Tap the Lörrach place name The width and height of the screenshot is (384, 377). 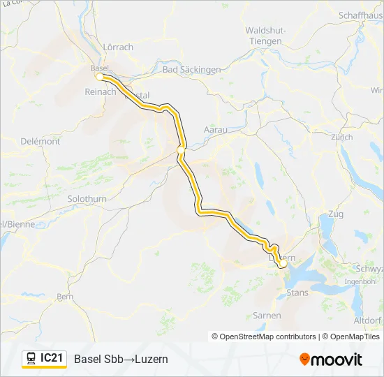tap(118, 47)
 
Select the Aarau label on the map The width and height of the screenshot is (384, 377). tap(215, 130)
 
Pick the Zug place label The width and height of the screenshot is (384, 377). tap(335, 214)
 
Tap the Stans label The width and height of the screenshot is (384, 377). tap(297, 293)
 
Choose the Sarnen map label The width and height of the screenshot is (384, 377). tap(267, 316)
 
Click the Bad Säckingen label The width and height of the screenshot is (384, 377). tap(191, 70)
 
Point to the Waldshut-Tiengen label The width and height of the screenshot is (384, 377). tap(265, 36)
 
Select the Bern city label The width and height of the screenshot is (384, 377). tap(64, 296)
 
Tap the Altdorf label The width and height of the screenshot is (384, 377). tap(368, 320)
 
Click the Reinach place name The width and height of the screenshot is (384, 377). tap(99, 92)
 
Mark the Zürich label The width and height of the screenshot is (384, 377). tap(342, 138)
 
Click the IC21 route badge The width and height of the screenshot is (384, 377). tap(52, 358)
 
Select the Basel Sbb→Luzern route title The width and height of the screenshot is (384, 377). tap(121, 359)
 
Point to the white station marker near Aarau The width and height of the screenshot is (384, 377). tap(181, 149)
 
